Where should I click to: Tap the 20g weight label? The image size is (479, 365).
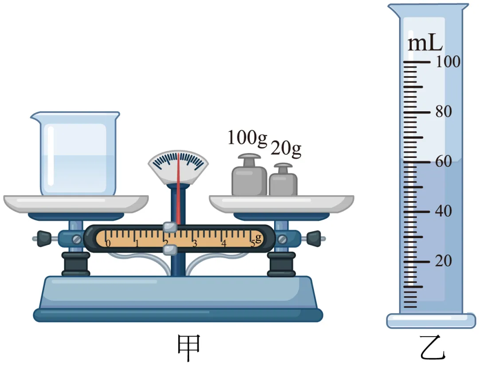click(286, 149)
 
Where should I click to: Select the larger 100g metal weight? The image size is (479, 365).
click(249, 175)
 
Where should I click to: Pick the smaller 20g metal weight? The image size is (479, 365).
click(283, 180)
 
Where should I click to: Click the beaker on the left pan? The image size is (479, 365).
click(75, 153)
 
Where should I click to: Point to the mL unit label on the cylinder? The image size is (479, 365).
click(425, 43)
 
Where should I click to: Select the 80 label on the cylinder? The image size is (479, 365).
click(444, 111)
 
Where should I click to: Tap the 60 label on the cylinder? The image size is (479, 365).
click(444, 161)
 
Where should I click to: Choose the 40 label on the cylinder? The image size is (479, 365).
click(444, 211)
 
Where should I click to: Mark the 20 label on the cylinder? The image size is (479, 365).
click(444, 261)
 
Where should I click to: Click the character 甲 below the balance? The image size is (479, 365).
click(189, 347)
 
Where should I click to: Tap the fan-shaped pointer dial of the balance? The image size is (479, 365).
click(178, 167)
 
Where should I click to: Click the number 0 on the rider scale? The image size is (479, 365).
click(108, 243)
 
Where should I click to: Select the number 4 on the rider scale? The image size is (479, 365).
click(224, 243)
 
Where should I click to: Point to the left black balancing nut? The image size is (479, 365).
click(44, 239)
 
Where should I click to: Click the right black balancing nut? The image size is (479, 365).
click(314, 239)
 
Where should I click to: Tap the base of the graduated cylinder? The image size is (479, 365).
click(431, 321)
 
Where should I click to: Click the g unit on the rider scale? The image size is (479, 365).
click(259, 238)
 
